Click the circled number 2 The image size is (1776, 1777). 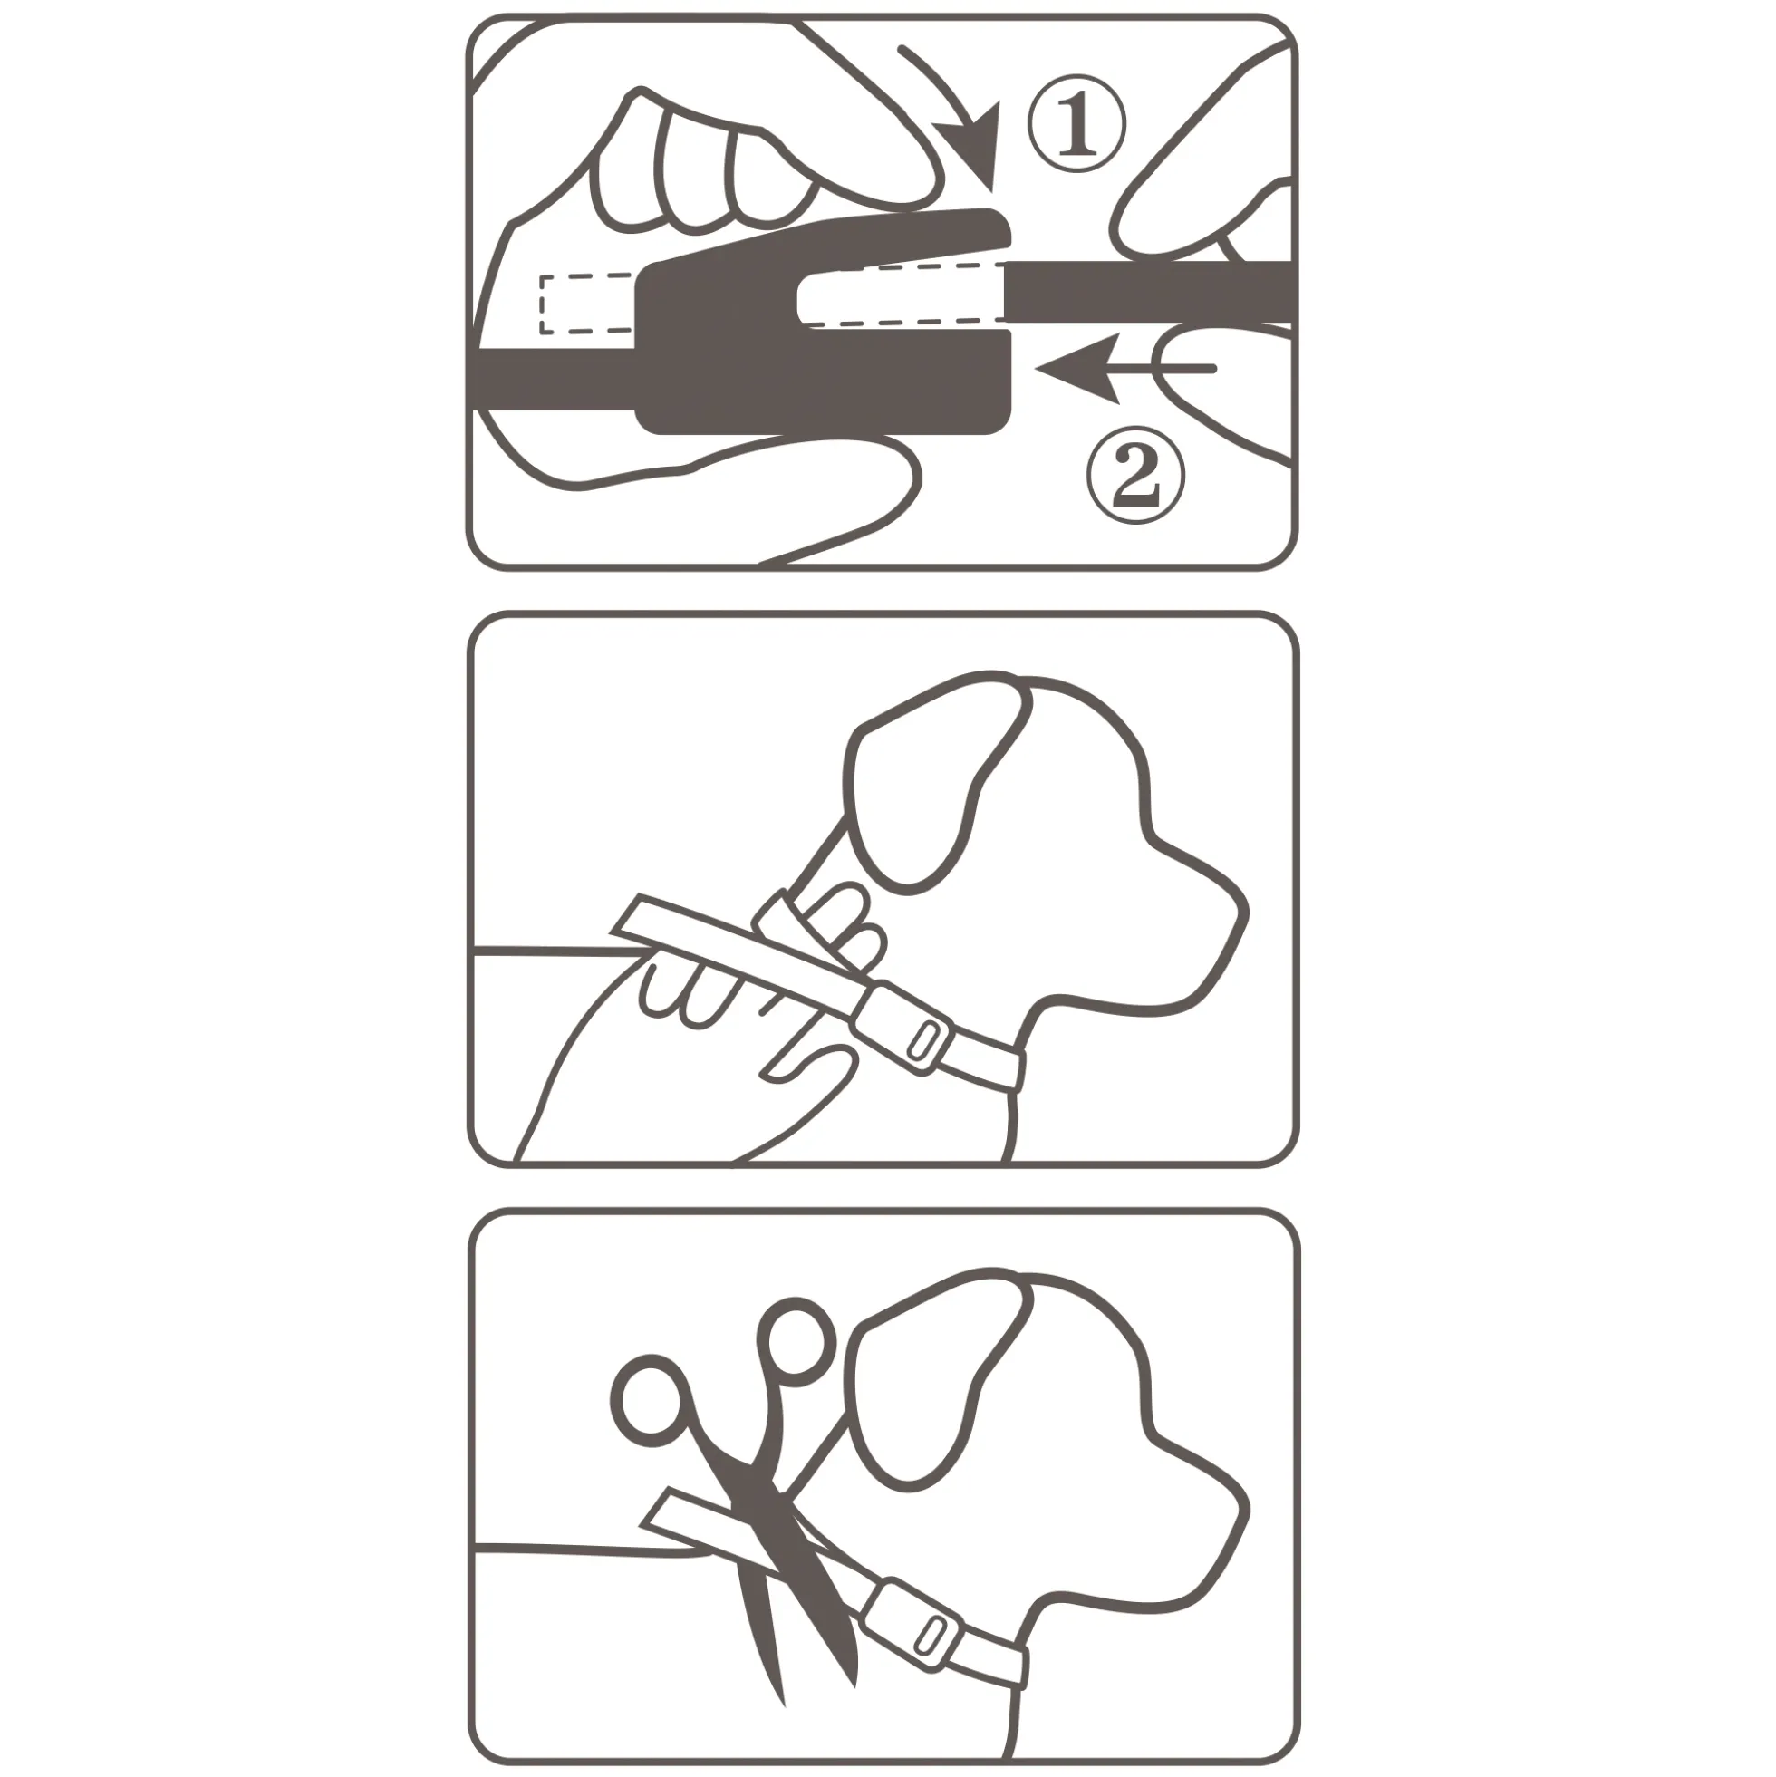1135,477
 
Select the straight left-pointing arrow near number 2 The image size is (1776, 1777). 1124,368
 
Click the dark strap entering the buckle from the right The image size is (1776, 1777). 1150,292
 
